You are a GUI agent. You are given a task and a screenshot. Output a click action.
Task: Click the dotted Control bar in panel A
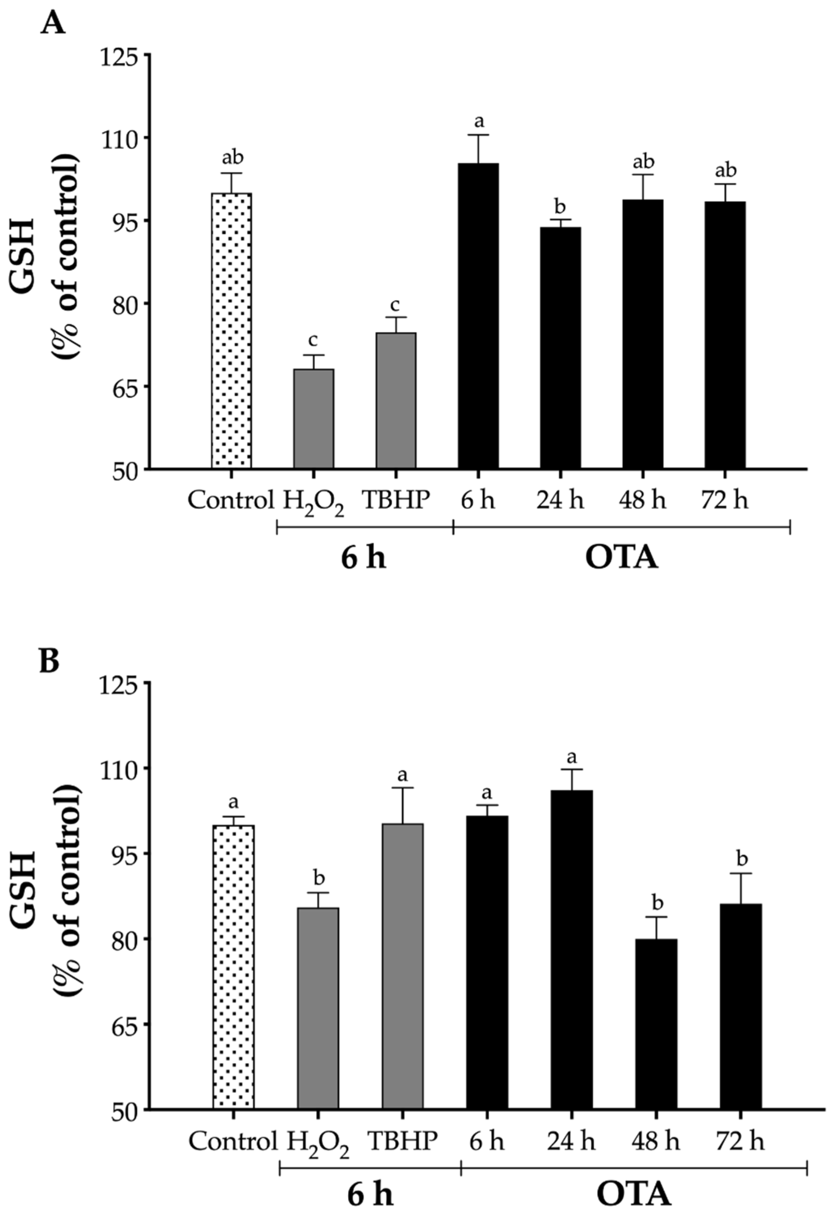tap(231, 331)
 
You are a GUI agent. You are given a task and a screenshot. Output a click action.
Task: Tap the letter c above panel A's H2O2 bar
tap(313, 340)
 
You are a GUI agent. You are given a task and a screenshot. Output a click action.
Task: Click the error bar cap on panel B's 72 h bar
tap(740, 873)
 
